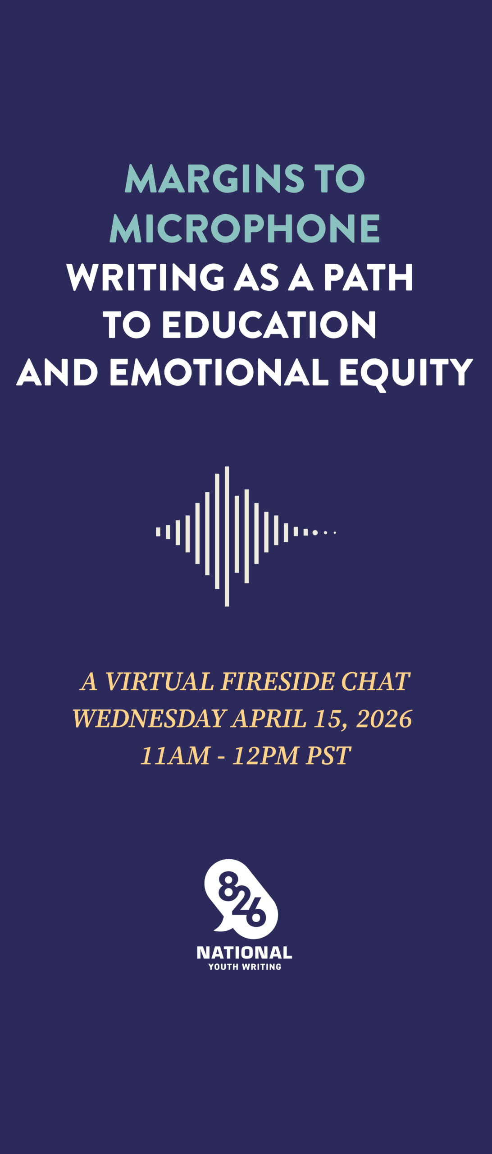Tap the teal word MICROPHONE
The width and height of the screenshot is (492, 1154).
245,228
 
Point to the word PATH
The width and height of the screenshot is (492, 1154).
368,277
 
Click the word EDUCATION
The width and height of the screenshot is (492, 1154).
269,324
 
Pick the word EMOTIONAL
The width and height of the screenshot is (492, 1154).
219,372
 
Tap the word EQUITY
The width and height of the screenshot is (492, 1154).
406,374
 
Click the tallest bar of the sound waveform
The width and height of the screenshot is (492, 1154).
227,536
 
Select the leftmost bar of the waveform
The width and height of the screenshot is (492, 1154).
158,532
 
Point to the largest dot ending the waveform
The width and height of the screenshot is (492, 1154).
315,532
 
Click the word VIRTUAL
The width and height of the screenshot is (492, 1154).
159,681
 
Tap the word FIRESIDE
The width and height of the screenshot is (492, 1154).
278,681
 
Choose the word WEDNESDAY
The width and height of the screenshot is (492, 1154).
149,719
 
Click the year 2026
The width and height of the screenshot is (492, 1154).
384,719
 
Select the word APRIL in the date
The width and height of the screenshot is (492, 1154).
269,719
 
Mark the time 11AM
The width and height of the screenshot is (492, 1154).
175,756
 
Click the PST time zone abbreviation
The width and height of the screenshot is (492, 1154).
328,756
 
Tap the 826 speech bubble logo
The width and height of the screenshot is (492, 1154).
241,899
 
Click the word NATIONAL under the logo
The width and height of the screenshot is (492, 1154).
245,953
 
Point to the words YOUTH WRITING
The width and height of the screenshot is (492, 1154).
245,966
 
